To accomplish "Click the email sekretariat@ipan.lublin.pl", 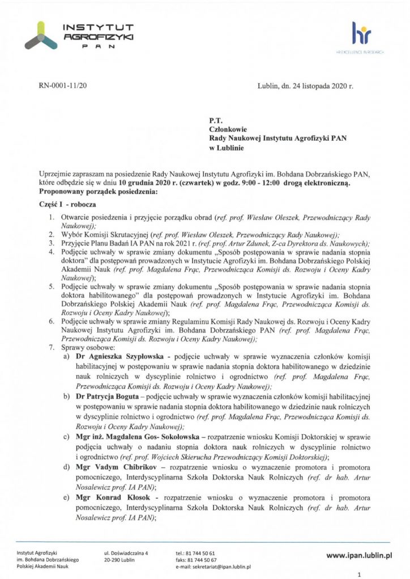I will tap(213, 565).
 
